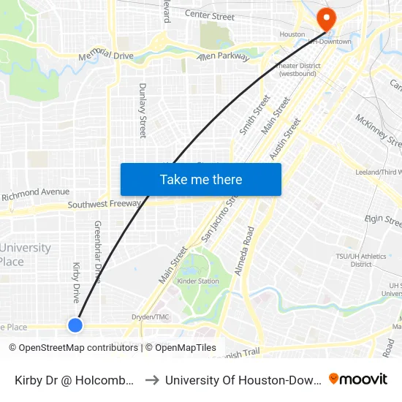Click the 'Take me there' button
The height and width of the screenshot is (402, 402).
click(201, 179)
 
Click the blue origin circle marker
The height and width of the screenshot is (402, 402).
click(75, 325)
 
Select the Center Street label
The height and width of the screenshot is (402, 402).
click(210, 15)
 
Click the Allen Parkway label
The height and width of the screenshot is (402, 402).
click(223, 57)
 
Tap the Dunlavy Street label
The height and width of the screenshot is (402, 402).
click(143, 110)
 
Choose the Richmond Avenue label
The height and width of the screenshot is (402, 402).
click(35, 194)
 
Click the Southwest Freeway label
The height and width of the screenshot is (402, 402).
click(104, 205)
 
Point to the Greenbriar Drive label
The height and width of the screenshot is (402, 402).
click(97, 251)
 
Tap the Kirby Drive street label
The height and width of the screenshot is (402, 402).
click(76, 283)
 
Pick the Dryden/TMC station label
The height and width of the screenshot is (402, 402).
click(151, 317)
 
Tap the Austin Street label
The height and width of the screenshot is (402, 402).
click(285, 140)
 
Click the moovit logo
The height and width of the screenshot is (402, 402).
click(358, 379)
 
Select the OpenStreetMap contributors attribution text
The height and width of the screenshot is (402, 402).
click(73, 348)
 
